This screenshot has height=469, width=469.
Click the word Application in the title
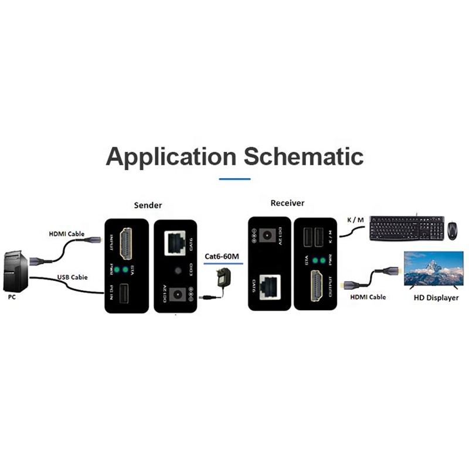point(171,157)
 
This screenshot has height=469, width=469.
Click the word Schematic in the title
point(303,157)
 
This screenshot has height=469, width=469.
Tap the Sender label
point(148,205)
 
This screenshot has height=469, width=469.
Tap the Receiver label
point(287,203)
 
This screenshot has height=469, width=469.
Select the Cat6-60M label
point(222,256)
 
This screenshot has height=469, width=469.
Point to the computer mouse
point(453,230)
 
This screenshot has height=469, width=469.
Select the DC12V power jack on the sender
point(177,294)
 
